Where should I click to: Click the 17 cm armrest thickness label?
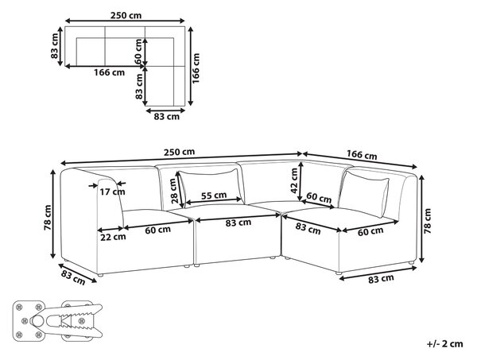[x=113, y=192]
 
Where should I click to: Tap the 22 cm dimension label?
[x=113, y=237]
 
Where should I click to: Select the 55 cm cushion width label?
[x=214, y=195]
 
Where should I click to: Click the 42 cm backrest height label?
[x=294, y=180]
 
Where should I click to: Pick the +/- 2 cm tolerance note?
[x=444, y=344]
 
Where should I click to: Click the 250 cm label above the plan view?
[x=126, y=15]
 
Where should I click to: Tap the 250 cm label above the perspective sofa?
[x=179, y=152]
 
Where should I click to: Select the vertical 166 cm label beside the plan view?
[x=196, y=68]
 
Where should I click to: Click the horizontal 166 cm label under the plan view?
[x=109, y=72]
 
